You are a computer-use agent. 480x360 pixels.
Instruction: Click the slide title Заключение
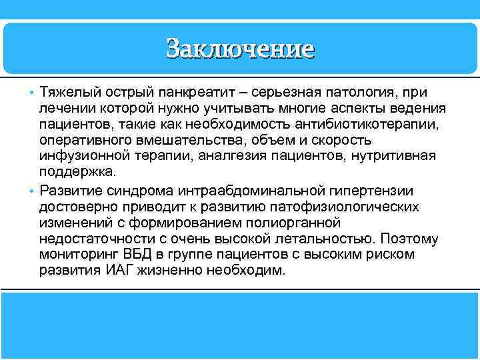click(240, 49)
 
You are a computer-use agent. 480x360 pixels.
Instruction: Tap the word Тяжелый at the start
click(67, 91)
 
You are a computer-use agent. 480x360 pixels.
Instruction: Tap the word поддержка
click(73, 171)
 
